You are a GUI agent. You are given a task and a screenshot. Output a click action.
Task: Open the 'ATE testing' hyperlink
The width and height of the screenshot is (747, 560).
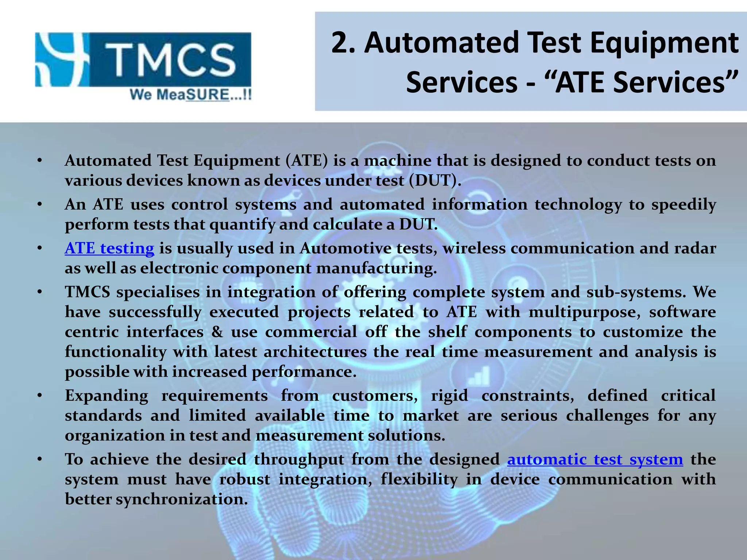pyautogui.click(x=109, y=248)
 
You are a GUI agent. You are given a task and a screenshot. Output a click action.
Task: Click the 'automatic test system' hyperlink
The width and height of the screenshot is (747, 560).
pyautogui.click(x=595, y=459)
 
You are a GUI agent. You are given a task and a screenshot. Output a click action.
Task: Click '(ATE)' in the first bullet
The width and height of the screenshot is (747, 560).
pyautogui.click(x=306, y=161)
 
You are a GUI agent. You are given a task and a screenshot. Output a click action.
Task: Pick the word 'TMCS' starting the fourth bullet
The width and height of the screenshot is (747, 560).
pyautogui.click(x=88, y=292)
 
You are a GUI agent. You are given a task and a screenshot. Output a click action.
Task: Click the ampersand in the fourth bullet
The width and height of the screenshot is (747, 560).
pyautogui.click(x=217, y=332)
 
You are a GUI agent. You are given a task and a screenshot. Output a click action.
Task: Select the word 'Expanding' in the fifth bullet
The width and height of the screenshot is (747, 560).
pyautogui.click(x=107, y=396)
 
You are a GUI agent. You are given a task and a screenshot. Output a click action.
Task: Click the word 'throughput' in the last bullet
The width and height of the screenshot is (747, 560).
pyautogui.click(x=299, y=459)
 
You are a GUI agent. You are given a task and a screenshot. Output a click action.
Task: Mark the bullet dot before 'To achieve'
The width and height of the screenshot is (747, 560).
pyautogui.click(x=40, y=459)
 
